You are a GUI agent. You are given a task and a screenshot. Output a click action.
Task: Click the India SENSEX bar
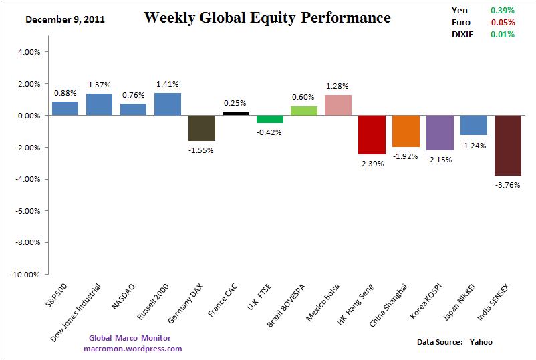pyautogui.click(x=508, y=145)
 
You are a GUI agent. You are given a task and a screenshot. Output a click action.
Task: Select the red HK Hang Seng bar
pyautogui.click(x=372, y=134)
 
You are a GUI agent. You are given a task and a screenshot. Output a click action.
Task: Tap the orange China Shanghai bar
pyautogui.click(x=406, y=131)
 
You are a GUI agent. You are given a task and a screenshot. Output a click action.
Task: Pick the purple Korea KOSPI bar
pyautogui.click(x=440, y=132)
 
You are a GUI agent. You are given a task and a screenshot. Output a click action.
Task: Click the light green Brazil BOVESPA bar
pyautogui.click(x=303, y=111)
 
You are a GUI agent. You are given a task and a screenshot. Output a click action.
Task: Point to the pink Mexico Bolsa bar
pyautogui.click(x=338, y=106)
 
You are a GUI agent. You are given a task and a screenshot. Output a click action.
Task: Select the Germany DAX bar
pyautogui.click(x=201, y=128)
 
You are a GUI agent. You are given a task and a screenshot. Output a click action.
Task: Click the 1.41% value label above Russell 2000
pyautogui.click(x=167, y=84)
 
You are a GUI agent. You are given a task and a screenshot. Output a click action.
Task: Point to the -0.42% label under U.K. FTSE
pyautogui.click(x=269, y=132)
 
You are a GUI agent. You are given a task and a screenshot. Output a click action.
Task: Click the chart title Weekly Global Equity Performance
pyautogui.click(x=267, y=18)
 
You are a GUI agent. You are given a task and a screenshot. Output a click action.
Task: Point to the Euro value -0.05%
pyautogui.click(x=501, y=23)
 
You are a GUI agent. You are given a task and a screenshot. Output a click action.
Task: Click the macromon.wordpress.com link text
pyautogui.click(x=133, y=349)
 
